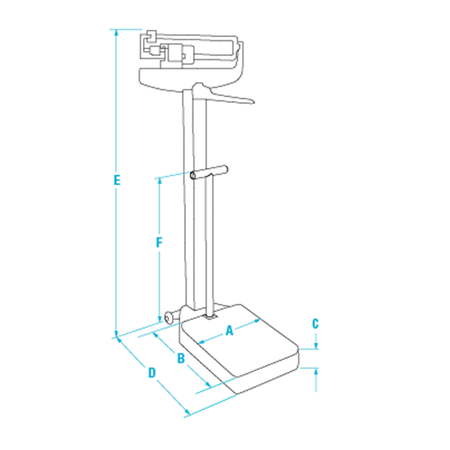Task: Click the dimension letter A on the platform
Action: pyautogui.click(x=229, y=330)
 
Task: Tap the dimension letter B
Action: pyautogui.click(x=182, y=356)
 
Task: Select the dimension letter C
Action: pyautogui.click(x=315, y=323)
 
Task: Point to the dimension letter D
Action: pyautogui.click(x=151, y=373)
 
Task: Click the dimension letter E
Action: pyautogui.click(x=118, y=179)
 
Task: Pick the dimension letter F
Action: pyautogui.click(x=160, y=242)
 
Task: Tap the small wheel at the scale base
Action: pyautogui.click(x=170, y=318)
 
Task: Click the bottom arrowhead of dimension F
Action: pyautogui.click(x=160, y=319)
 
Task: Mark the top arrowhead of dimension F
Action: pyautogui.click(x=160, y=178)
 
